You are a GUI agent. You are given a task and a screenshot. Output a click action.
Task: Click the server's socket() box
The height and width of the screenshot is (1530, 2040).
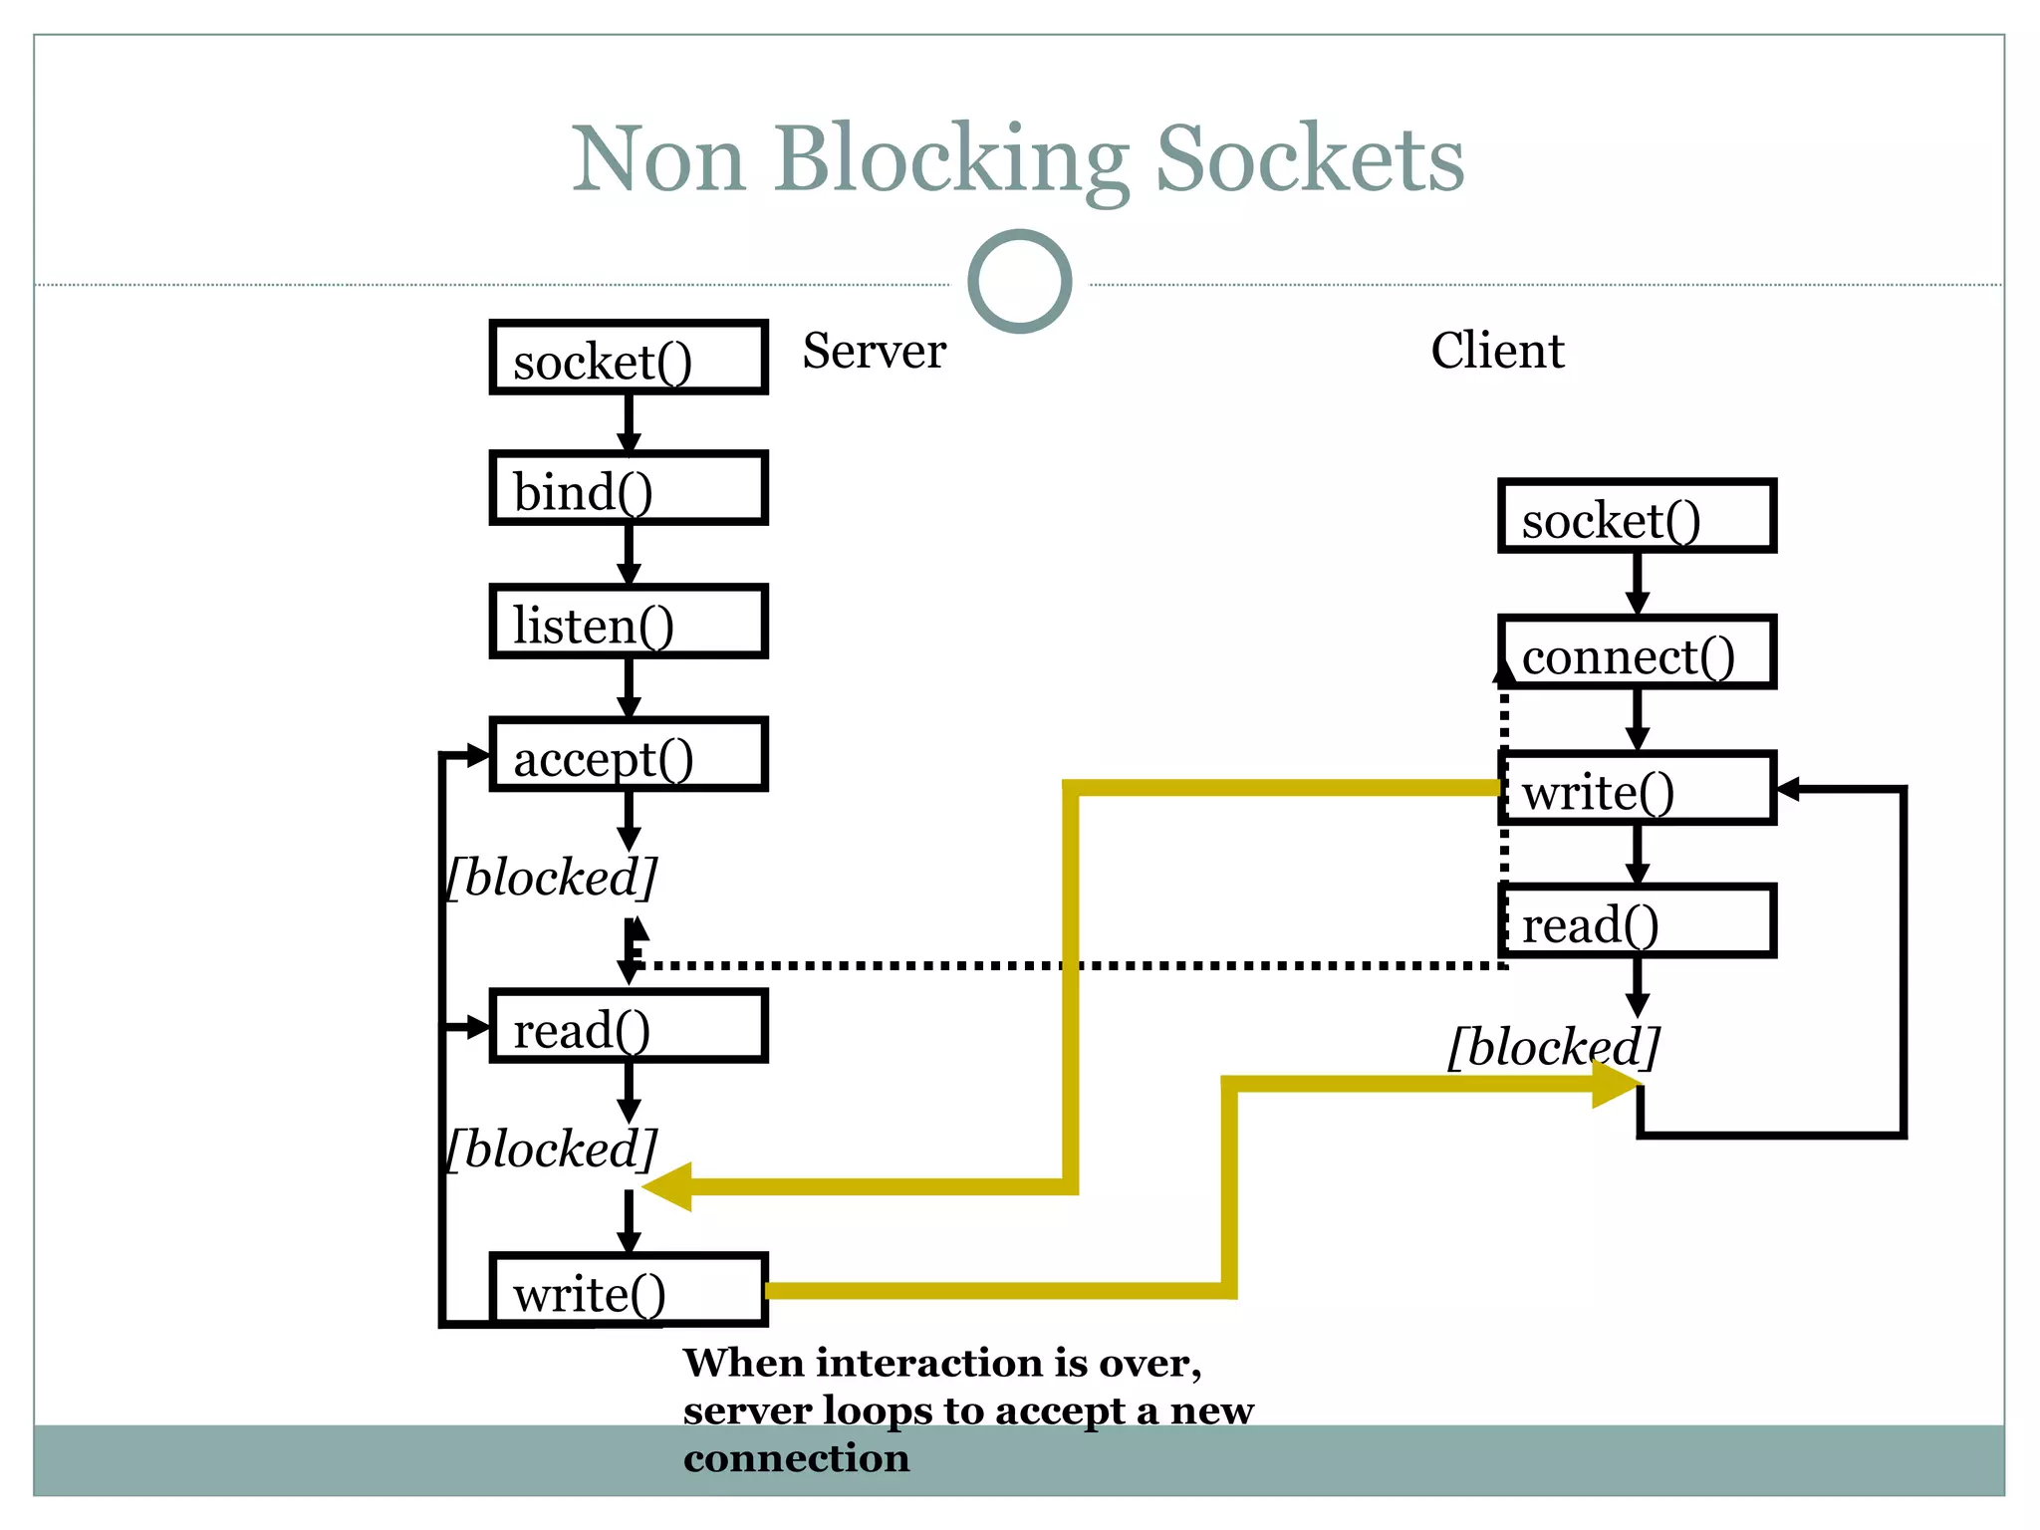(x=629, y=358)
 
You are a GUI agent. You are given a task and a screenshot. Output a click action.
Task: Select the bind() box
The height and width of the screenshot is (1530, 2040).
(x=629, y=489)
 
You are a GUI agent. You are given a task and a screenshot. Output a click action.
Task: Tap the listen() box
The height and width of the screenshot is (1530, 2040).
(x=629, y=623)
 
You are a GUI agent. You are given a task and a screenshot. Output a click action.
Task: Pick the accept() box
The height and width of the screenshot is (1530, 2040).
(x=629, y=755)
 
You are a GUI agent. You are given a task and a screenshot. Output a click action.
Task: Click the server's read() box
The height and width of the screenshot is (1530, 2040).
(x=629, y=1027)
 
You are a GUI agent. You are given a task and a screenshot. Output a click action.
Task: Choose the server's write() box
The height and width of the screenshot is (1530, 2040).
(x=629, y=1291)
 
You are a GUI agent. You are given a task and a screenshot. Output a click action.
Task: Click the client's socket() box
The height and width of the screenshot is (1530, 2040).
(x=1637, y=516)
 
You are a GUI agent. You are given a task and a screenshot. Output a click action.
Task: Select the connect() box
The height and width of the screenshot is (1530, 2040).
(x=1637, y=652)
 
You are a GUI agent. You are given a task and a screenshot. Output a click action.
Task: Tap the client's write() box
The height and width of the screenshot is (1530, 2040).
(x=1637, y=789)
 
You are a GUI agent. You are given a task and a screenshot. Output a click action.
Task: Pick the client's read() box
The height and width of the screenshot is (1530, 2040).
(x=1637, y=921)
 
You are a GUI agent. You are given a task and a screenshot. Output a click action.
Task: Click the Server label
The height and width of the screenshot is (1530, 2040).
(x=874, y=351)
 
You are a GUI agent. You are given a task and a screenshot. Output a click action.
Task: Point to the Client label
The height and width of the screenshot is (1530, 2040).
(x=1496, y=351)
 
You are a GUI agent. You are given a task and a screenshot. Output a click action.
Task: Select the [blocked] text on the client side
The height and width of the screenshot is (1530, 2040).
(x=1554, y=1047)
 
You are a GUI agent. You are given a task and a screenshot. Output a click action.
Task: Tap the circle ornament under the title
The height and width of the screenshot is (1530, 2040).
(x=1019, y=282)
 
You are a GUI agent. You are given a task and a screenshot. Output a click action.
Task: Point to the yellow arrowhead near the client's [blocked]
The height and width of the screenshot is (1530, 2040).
(x=1614, y=1085)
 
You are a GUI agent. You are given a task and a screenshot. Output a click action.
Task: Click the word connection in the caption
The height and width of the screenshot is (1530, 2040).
(x=796, y=1458)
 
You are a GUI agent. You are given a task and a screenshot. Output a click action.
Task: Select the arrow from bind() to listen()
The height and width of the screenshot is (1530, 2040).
(x=629, y=554)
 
